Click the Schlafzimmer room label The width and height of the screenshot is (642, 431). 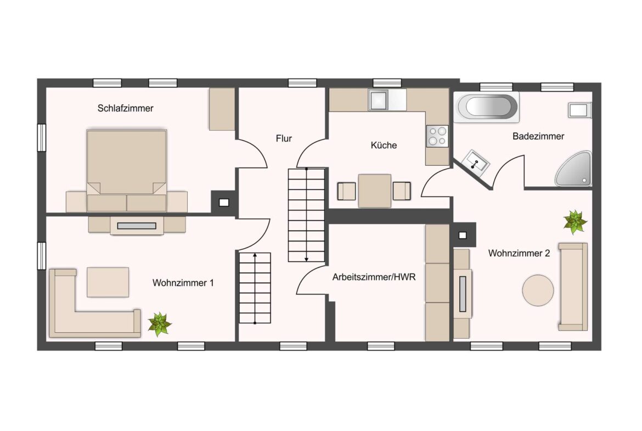[x=125, y=109]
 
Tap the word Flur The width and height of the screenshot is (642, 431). [x=284, y=138]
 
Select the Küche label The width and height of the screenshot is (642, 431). [x=384, y=145]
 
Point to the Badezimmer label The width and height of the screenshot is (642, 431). [x=538, y=136]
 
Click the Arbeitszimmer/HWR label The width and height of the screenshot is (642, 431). [x=374, y=277]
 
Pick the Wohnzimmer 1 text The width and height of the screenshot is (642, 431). [x=183, y=283]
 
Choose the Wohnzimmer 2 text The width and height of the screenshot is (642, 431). [x=519, y=253]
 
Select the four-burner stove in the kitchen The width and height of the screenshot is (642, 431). [x=437, y=136]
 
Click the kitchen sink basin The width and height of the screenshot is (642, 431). [x=378, y=100]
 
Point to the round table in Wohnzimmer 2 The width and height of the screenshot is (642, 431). [x=538, y=290]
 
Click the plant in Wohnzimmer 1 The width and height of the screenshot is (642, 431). [x=159, y=324]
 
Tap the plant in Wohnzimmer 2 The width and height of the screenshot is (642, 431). [x=575, y=222]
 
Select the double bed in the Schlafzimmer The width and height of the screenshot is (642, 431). [x=127, y=170]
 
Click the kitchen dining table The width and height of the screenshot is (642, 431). [x=375, y=191]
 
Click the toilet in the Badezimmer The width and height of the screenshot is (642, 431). [x=580, y=110]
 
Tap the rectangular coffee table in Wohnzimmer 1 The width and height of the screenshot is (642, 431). [x=108, y=282]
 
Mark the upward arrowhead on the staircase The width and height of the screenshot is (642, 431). [x=255, y=256]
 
